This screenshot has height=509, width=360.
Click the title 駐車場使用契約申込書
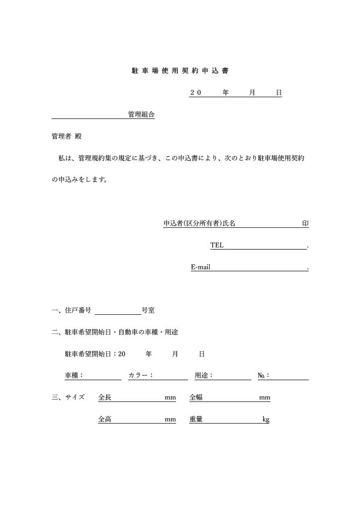point(180,71)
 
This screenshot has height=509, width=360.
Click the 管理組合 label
point(141,115)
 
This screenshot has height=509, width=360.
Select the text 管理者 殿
point(67,136)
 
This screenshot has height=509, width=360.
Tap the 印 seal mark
point(305,224)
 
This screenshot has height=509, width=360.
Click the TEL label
point(217,245)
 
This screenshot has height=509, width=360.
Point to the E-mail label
point(201,267)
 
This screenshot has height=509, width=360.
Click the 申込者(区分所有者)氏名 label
point(199,224)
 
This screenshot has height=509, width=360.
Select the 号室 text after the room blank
point(148,310)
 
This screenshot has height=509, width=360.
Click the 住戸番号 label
point(78,310)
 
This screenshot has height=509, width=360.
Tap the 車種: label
point(74,376)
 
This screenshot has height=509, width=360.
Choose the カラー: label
point(140,376)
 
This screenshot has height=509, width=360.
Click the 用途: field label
point(204,376)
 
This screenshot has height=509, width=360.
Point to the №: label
point(264,376)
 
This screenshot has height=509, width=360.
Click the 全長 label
point(105,398)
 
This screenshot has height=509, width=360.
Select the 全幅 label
point(196,398)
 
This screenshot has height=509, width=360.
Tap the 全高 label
point(105,420)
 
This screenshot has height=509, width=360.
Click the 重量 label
point(196,420)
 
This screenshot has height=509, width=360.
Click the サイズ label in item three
point(75,398)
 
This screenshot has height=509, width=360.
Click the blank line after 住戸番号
point(118,312)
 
